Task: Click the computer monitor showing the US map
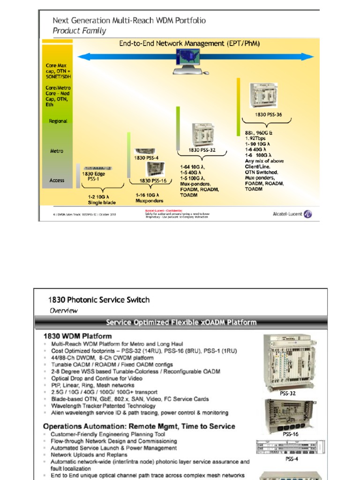pyautogui.click(x=189, y=60)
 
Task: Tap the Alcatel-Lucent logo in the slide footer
pyautogui.click(x=292, y=214)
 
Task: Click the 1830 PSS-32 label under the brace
pyautogui.click(x=202, y=150)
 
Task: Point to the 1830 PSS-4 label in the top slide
pyautogui.click(x=146, y=158)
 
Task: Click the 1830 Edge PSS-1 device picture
pyautogui.click(x=98, y=168)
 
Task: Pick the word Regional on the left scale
pyautogui.click(x=58, y=121)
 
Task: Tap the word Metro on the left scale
pyautogui.click(x=57, y=151)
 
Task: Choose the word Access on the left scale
pyautogui.click(x=57, y=180)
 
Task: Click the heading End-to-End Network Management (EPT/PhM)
pyautogui.click(x=189, y=44)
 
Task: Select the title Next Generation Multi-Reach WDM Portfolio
pyautogui.click(x=129, y=21)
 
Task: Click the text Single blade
pyautogui.click(x=102, y=202)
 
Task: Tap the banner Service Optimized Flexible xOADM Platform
pyautogui.click(x=181, y=322)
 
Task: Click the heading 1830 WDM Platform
pyautogui.click(x=77, y=336)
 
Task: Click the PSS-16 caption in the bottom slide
pyautogui.click(x=290, y=434)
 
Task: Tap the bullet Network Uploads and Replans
pyautogui.click(x=89, y=455)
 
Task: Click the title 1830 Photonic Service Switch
pyautogui.click(x=99, y=300)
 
